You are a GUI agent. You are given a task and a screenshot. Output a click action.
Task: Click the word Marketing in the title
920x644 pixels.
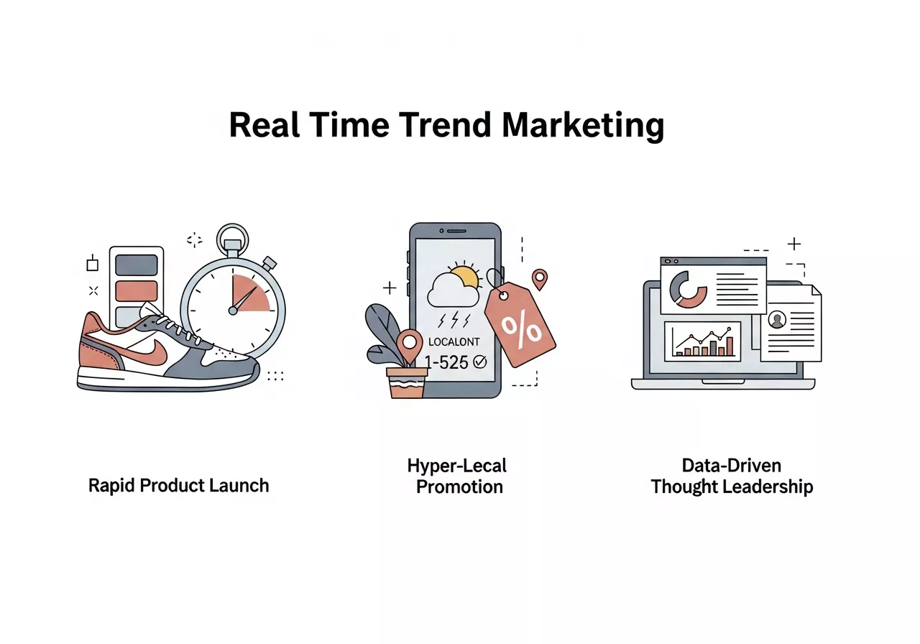coord(583,126)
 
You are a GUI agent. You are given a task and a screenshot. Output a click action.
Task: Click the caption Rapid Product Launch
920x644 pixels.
coord(178,485)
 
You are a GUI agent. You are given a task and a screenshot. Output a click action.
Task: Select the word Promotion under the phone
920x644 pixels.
coord(459,487)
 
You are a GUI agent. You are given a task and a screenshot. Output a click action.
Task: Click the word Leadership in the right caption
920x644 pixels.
coord(768,487)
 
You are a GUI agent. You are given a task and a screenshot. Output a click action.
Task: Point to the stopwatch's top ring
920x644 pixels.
coord(233,235)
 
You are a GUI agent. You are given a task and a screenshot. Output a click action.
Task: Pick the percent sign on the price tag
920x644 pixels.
coord(522,327)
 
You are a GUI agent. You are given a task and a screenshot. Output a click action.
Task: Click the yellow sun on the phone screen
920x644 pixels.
coord(466,277)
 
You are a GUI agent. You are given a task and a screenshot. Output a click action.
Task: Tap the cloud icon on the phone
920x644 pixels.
coord(450,290)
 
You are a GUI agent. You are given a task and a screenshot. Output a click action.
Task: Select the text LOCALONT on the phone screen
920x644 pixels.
coord(453,342)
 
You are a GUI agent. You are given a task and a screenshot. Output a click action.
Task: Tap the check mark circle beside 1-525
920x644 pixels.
coord(479,362)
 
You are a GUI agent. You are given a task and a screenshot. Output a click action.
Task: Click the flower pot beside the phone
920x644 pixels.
coord(406,382)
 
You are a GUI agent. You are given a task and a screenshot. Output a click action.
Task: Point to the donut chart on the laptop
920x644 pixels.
coord(688,289)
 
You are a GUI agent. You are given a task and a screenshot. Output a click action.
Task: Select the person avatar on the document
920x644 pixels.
coord(777,320)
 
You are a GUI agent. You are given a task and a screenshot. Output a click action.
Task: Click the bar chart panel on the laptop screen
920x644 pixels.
coord(703,341)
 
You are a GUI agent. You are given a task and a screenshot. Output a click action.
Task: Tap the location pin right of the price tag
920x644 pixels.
coord(539,279)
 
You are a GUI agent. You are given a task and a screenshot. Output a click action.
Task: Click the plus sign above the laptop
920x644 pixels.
coord(793,244)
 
